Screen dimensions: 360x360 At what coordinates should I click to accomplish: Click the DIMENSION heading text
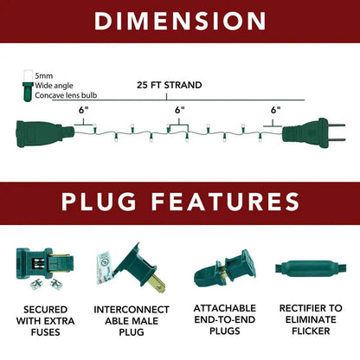tap(180, 21)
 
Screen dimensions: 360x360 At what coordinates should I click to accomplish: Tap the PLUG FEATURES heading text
tap(181, 202)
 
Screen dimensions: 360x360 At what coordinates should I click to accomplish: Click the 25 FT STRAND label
tap(170, 86)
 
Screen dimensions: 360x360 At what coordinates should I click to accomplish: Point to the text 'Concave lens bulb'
tap(66, 95)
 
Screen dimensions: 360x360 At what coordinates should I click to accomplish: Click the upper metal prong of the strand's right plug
tap(336, 125)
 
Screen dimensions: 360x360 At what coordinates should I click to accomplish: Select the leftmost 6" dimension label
tap(83, 111)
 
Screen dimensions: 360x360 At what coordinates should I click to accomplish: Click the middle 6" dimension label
tap(179, 111)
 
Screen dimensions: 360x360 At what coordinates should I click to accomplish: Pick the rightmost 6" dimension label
tap(275, 111)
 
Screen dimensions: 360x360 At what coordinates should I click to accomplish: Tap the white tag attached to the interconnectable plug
tap(106, 267)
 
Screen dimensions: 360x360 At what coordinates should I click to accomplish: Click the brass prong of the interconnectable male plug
tap(157, 284)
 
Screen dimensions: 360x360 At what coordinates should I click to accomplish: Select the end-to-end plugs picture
tap(224, 268)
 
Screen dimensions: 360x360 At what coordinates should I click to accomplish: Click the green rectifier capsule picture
tap(311, 268)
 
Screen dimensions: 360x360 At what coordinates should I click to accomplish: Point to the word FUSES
tap(46, 332)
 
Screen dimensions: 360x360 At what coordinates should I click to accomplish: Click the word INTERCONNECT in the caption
tap(132, 310)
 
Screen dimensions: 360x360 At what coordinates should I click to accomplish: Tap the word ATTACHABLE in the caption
tap(225, 308)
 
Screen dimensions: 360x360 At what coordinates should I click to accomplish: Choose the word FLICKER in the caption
tap(311, 331)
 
